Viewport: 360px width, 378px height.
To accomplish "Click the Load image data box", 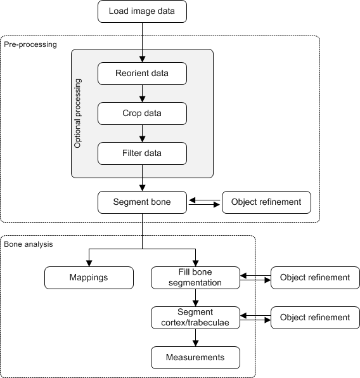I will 142,11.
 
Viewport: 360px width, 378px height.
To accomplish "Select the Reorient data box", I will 142,74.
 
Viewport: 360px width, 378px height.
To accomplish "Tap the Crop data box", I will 142,113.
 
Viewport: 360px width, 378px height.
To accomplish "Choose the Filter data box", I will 142,153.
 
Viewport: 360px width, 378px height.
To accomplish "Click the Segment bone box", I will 142,202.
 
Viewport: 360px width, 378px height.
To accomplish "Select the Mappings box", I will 89,277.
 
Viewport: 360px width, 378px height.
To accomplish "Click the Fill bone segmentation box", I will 196,277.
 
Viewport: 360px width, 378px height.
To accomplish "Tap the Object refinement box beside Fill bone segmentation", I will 315,277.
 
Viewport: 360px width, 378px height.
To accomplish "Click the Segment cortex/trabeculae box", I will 196,317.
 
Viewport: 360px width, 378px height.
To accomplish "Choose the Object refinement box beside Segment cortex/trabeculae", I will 315,317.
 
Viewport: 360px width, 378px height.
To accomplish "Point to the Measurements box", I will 196,357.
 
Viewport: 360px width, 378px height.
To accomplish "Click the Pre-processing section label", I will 30,44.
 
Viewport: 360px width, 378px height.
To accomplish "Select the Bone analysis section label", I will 29,244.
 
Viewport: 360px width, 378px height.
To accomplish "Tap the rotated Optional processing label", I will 79,114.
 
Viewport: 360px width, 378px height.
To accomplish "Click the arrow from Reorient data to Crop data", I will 142,94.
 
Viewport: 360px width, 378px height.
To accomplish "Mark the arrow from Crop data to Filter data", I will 142,133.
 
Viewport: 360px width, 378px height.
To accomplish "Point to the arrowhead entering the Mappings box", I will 89,263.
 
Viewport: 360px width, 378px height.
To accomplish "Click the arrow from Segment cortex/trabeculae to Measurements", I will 196,337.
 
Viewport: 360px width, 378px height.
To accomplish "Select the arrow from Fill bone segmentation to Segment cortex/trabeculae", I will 196,297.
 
